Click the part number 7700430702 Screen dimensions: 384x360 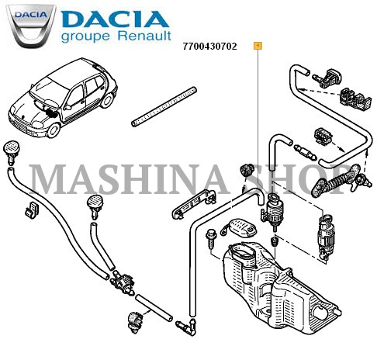(209, 47)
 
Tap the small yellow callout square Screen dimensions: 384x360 (258, 46)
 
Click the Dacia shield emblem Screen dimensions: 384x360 (31, 26)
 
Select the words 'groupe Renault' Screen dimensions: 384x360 (116, 36)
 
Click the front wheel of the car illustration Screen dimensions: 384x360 (54, 130)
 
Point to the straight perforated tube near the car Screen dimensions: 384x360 (164, 106)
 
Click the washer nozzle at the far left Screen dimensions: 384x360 (11, 152)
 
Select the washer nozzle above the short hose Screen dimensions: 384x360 (95, 206)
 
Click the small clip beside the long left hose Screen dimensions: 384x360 (32, 209)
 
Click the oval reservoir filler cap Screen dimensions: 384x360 (239, 227)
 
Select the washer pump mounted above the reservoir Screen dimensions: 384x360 (272, 211)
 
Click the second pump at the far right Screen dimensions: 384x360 (326, 236)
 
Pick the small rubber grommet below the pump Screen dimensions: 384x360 (274, 242)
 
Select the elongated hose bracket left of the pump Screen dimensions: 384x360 (194, 204)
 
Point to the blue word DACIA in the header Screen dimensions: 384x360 (116, 19)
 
